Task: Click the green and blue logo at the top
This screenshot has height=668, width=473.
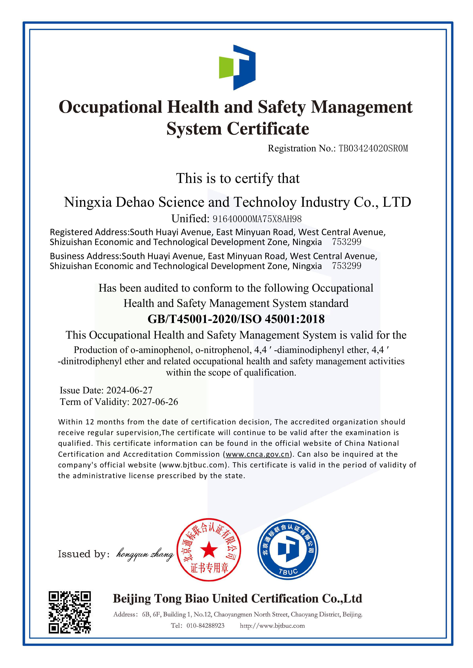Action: click(x=237, y=67)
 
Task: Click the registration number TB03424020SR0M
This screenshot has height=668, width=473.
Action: click(x=373, y=148)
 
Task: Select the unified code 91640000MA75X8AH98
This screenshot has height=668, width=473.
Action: click(x=257, y=219)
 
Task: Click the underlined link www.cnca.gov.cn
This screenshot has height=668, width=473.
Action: click(x=258, y=454)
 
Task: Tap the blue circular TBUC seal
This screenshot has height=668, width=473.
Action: click(x=288, y=550)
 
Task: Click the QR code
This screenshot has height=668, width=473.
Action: click(x=70, y=612)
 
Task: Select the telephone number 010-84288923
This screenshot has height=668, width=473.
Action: click(x=205, y=626)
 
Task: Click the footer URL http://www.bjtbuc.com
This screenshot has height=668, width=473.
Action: click(x=272, y=626)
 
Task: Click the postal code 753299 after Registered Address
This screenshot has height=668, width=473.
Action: click(x=347, y=242)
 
